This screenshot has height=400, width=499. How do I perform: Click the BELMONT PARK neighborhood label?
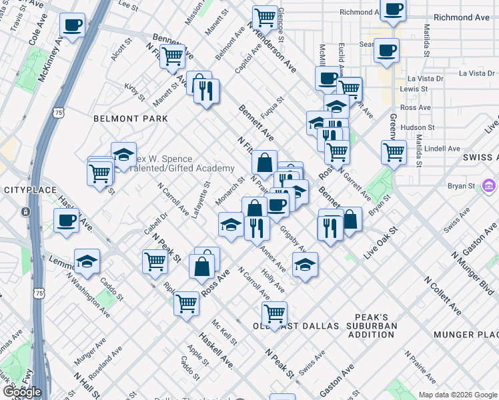pyautogui.click(x=130, y=119)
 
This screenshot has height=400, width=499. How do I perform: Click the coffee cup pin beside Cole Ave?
pyautogui.click(x=72, y=26)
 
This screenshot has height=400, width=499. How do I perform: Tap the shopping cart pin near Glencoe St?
pyautogui.click(x=265, y=17)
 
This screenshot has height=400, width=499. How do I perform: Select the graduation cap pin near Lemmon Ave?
pyautogui.click(x=87, y=262)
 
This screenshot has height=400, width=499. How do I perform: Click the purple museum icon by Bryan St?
pyautogui.click(x=488, y=185)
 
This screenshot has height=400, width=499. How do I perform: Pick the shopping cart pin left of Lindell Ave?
pyautogui.click(x=394, y=151)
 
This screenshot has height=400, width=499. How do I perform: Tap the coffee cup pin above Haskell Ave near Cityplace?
pyautogui.click(x=66, y=220)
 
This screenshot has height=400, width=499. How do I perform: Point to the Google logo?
pyautogui.click(x=22, y=392)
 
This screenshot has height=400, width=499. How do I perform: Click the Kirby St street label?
pyautogui.click(x=134, y=92)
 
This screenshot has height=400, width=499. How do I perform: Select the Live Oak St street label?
pyautogui.click(x=380, y=243)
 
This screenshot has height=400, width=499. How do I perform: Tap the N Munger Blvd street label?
pyautogui.click(x=472, y=273)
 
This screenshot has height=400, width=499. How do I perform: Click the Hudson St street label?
pyautogui.click(x=418, y=127)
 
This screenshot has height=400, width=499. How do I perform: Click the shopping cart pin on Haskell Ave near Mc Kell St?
pyautogui.click(x=186, y=303)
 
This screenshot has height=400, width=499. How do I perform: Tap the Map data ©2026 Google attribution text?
pyautogui.click(x=457, y=395)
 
